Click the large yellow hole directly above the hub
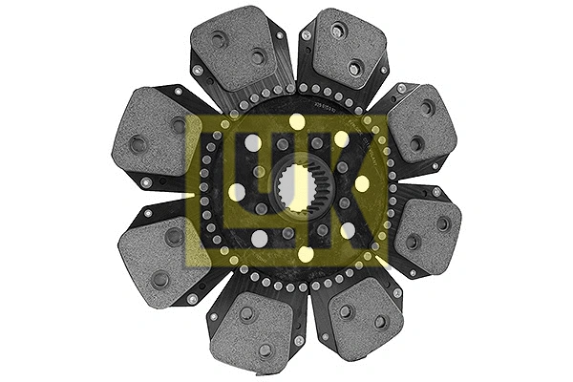click(x=297, y=121)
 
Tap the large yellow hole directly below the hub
click(x=305, y=254)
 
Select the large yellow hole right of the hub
click(x=362, y=183)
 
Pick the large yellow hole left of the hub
click(x=236, y=192)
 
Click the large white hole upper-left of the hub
click(x=253, y=142)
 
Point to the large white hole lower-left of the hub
click(x=259, y=238)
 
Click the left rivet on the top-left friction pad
click(x=219, y=40)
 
